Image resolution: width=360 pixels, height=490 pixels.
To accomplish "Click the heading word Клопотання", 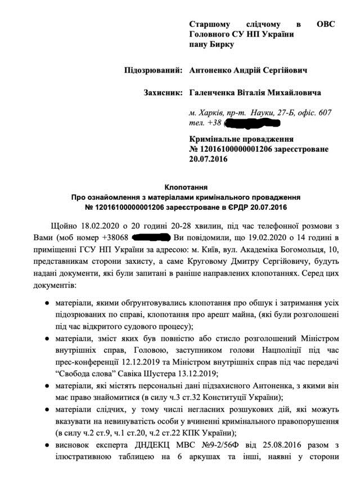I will (185, 187).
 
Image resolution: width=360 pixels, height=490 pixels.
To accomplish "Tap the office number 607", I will (324, 113).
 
